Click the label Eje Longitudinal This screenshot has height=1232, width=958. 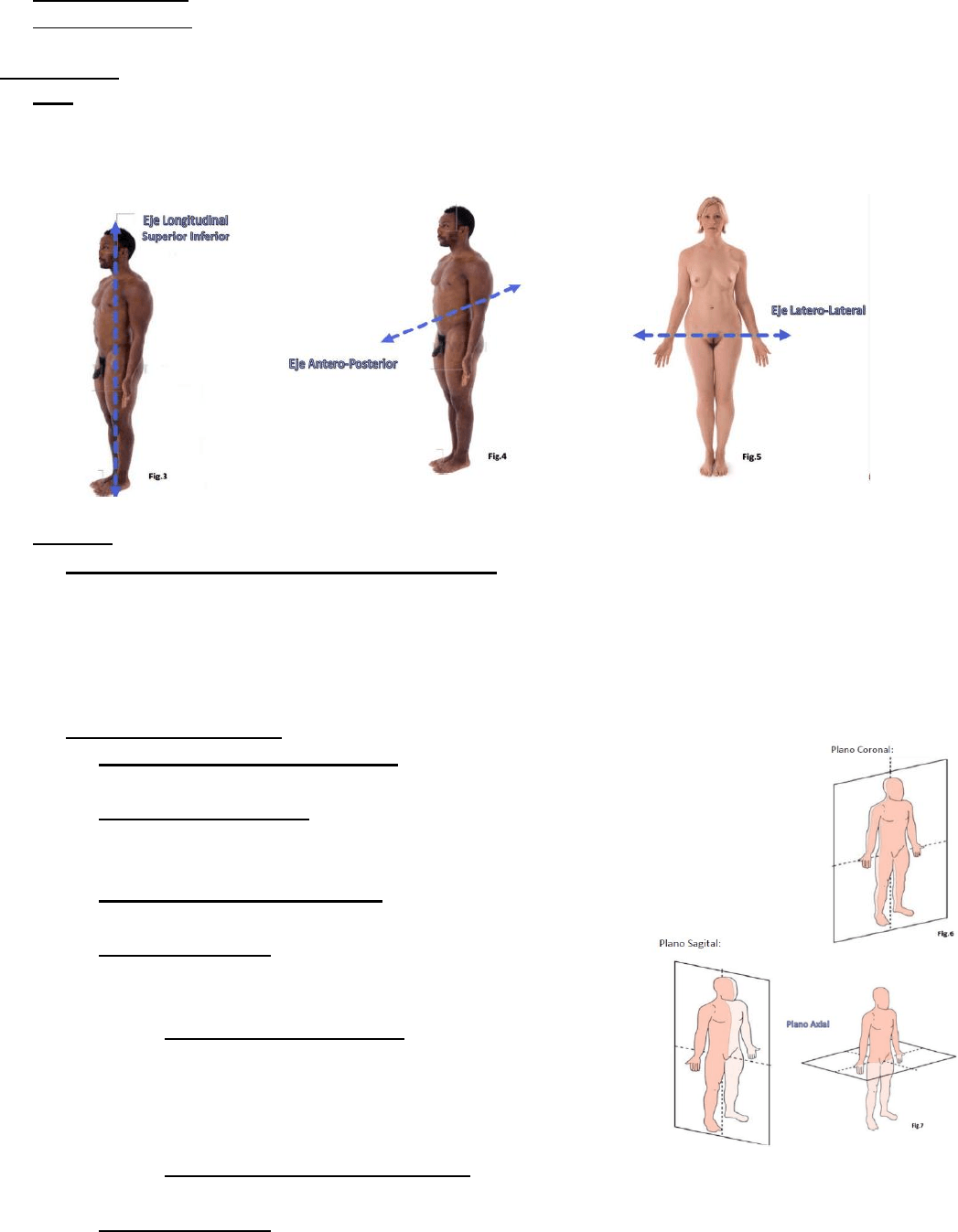[185, 220]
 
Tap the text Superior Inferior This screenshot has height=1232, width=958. [185, 236]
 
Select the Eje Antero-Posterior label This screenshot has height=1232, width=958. [342, 364]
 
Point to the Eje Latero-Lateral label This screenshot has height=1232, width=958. [818, 310]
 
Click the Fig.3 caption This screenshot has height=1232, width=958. [157, 477]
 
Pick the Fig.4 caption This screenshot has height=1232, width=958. [497, 456]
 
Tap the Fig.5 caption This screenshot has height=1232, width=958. [751, 457]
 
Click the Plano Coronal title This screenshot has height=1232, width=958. [862, 749]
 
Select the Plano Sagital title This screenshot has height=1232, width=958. [690, 943]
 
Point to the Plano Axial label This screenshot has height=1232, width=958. [808, 1024]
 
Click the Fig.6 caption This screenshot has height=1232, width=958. [945, 934]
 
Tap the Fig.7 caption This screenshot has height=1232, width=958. [917, 1125]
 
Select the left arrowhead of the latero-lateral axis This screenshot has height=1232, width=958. [640, 335]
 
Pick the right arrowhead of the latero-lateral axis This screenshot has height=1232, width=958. [784, 335]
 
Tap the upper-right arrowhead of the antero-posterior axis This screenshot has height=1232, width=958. [514, 287]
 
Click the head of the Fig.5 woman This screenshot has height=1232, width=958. [713, 215]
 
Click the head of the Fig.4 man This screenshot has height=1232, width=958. [457, 226]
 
